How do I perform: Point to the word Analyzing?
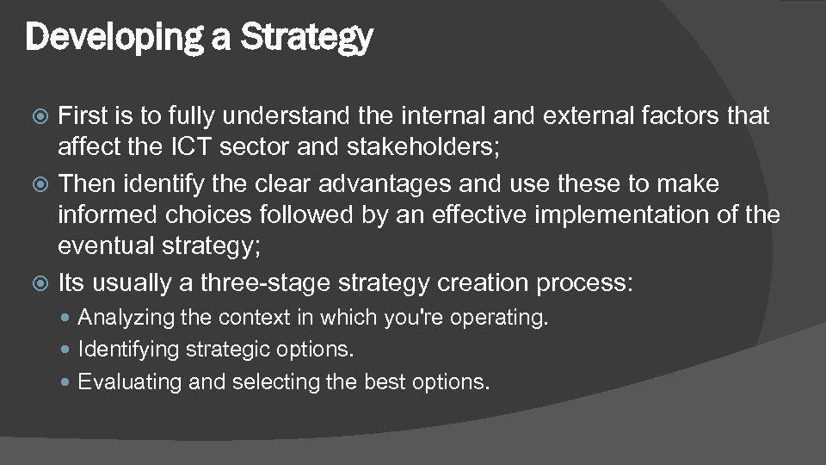click(x=127, y=318)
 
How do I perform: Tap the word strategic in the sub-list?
click(x=232, y=350)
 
